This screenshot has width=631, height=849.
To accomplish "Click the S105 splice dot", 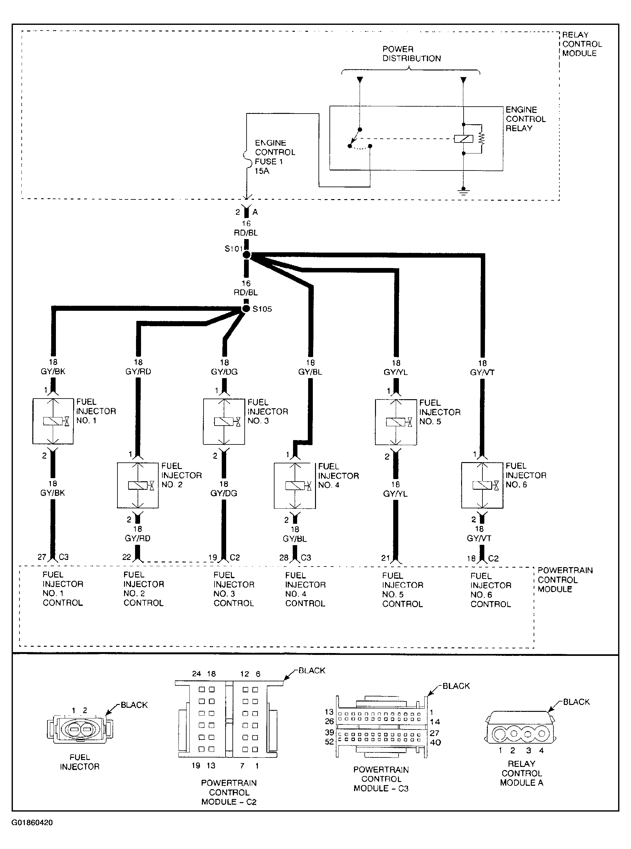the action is (x=246, y=308).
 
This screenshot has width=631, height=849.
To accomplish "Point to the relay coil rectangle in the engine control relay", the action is (x=463, y=139).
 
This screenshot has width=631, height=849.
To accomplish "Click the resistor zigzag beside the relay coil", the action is (x=481, y=139).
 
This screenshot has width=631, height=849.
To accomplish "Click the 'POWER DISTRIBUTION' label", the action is (x=411, y=54).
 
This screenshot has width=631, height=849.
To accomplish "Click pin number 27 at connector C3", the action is (x=42, y=557).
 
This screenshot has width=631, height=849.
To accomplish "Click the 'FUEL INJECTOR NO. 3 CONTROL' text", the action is (x=234, y=589).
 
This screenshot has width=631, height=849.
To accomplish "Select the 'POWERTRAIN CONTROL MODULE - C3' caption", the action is (x=381, y=779).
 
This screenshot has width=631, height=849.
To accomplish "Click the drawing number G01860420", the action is (x=32, y=823).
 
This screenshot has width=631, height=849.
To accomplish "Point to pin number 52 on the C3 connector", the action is (x=329, y=742).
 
